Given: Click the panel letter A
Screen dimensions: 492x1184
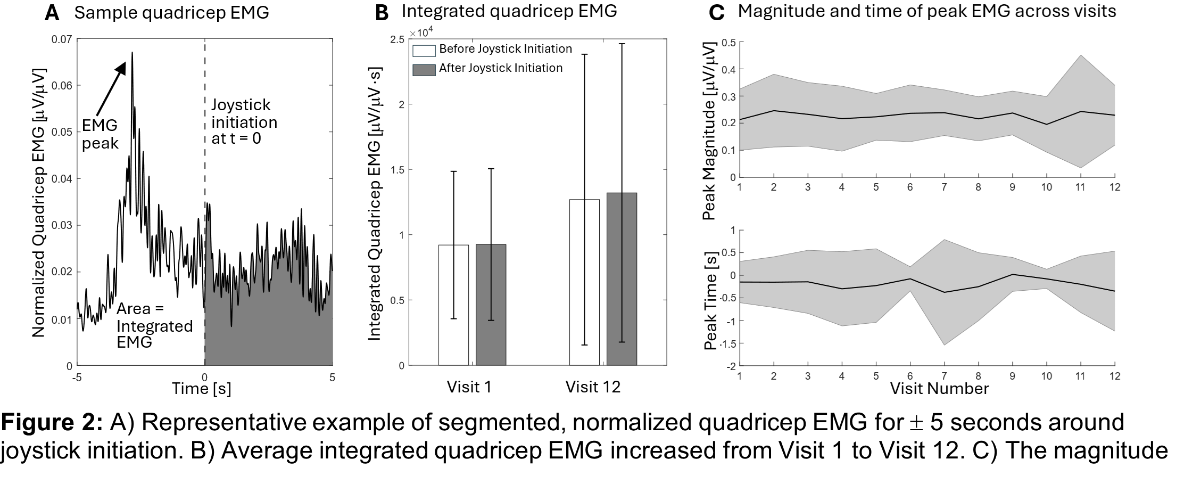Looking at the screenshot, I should (52, 12).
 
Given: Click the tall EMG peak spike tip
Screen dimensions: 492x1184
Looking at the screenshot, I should (132, 53).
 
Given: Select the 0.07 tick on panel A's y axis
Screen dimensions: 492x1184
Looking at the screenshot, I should (62, 39).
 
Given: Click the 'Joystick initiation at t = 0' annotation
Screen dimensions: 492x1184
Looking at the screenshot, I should (244, 122).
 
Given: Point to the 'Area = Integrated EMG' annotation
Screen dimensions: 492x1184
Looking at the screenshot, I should (154, 325).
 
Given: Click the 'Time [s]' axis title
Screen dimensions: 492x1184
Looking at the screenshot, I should (201, 389).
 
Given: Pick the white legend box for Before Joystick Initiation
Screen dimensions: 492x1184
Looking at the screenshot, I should (424, 50).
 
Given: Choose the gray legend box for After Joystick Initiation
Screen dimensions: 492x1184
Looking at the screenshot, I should (424, 69).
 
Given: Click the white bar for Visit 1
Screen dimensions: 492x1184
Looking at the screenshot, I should (453, 305).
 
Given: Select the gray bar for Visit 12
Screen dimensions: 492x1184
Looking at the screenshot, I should (622, 279).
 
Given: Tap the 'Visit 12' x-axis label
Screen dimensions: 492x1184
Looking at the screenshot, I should (593, 387).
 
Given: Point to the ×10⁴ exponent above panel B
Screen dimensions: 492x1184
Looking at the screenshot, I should (423, 33).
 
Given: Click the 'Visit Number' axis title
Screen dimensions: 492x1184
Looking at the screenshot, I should (939, 389).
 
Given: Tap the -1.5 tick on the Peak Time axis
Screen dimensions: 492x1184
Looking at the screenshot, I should (727, 344).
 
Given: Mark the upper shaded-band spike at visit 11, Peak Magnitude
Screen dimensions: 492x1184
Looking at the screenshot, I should (1080, 55).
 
